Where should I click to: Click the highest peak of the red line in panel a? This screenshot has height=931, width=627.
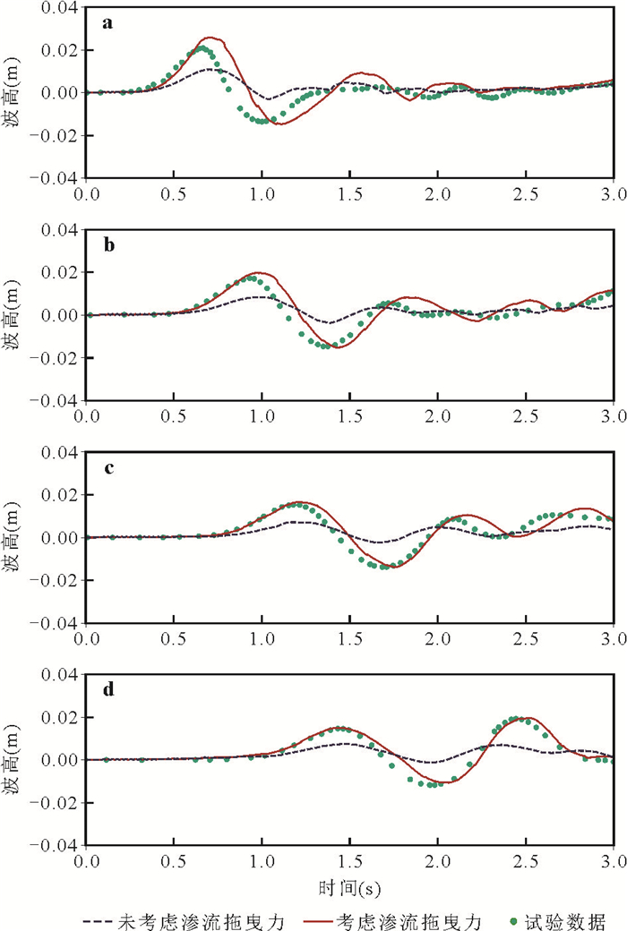click(x=211, y=38)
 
